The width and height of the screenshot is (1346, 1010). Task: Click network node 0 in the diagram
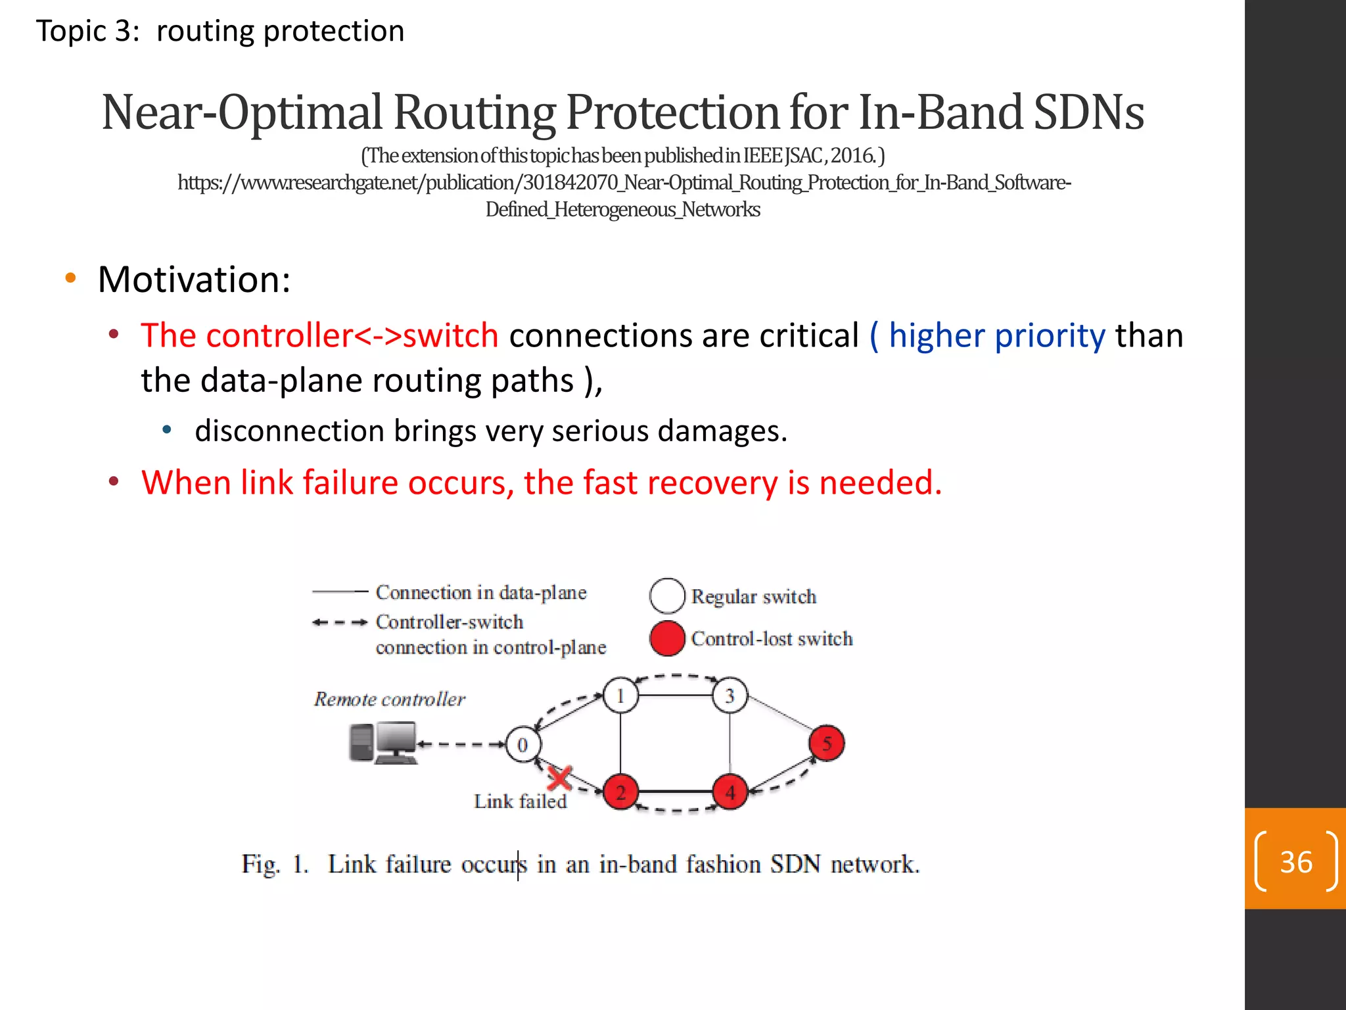click(522, 745)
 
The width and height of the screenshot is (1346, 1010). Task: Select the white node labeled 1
click(620, 695)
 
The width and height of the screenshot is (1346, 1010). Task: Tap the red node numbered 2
click(620, 792)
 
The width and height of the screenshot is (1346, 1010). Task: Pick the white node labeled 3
click(730, 696)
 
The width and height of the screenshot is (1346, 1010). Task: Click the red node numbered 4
click(730, 793)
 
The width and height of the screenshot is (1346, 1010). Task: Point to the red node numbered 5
click(826, 744)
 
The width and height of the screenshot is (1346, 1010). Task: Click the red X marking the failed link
click(559, 779)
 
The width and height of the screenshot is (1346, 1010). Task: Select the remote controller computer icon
click(383, 743)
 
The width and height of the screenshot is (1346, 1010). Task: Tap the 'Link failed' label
click(520, 802)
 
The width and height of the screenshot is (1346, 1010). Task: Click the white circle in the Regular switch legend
click(667, 596)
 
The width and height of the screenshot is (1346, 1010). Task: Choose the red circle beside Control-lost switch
click(667, 638)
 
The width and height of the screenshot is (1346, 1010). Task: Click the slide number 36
click(1295, 862)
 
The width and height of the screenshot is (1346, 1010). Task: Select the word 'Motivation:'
click(194, 279)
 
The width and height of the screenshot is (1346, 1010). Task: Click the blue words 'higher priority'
click(996, 336)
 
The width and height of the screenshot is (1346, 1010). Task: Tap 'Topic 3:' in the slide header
click(87, 31)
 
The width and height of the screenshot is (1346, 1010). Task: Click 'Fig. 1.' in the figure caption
click(274, 864)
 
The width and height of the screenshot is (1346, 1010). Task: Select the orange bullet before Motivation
click(71, 278)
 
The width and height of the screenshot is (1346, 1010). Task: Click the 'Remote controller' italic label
click(389, 699)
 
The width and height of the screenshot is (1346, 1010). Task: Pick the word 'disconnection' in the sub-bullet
click(289, 431)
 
